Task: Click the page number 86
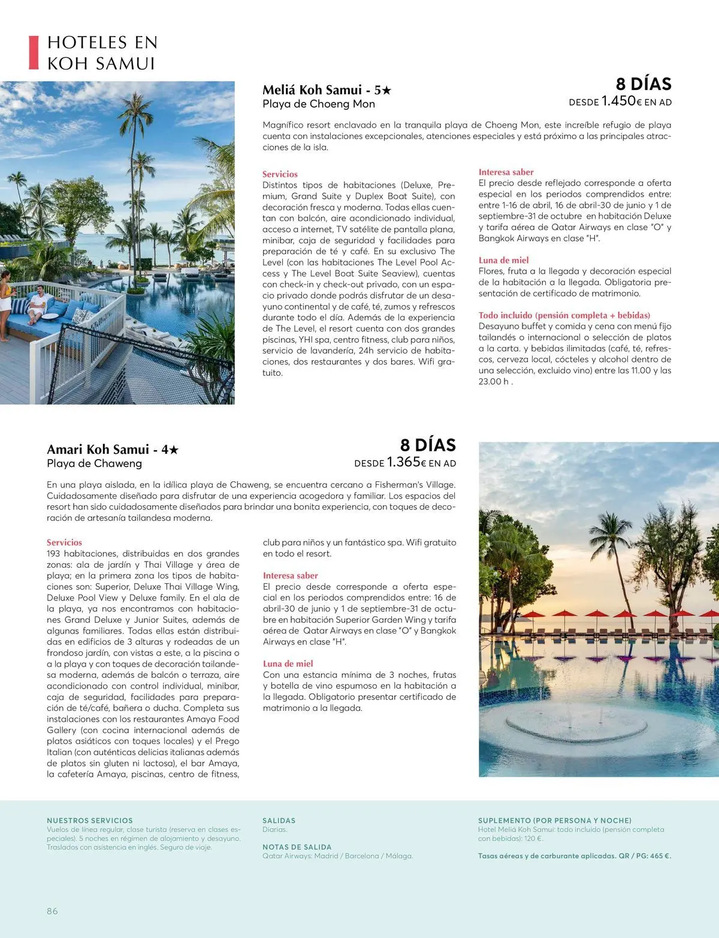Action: pyautogui.click(x=52, y=910)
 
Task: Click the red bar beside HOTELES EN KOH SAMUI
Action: pyautogui.click(x=34, y=53)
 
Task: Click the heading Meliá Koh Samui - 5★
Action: pyautogui.click(x=327, y=91)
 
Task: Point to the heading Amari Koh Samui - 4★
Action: pyautogui.click(x=113, y=450)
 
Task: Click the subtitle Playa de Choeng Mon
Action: pyautogui.click(x=319, y=104)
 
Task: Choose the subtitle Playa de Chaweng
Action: pyautogui.click(x=94, y=463)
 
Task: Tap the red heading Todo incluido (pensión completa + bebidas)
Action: pyautogui.click(x=564, y=315)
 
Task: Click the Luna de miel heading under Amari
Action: pyautogui.click(x=288, y=663)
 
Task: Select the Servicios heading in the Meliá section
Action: pyautogui.click(x=280, y=174)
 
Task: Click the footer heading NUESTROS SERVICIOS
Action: pyautogui.click(x=90, y=821)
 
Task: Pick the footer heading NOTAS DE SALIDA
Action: pyautogui.click(x=297, y=847)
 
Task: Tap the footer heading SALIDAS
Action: pyautogui.click(x=279, y=821)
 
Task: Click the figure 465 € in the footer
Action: pyautogui.click(x=658, y=856)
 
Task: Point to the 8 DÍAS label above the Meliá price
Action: pyautogui.click(x=644, y=84)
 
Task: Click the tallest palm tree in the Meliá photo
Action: pyautogui.click(x=138, y=150)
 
